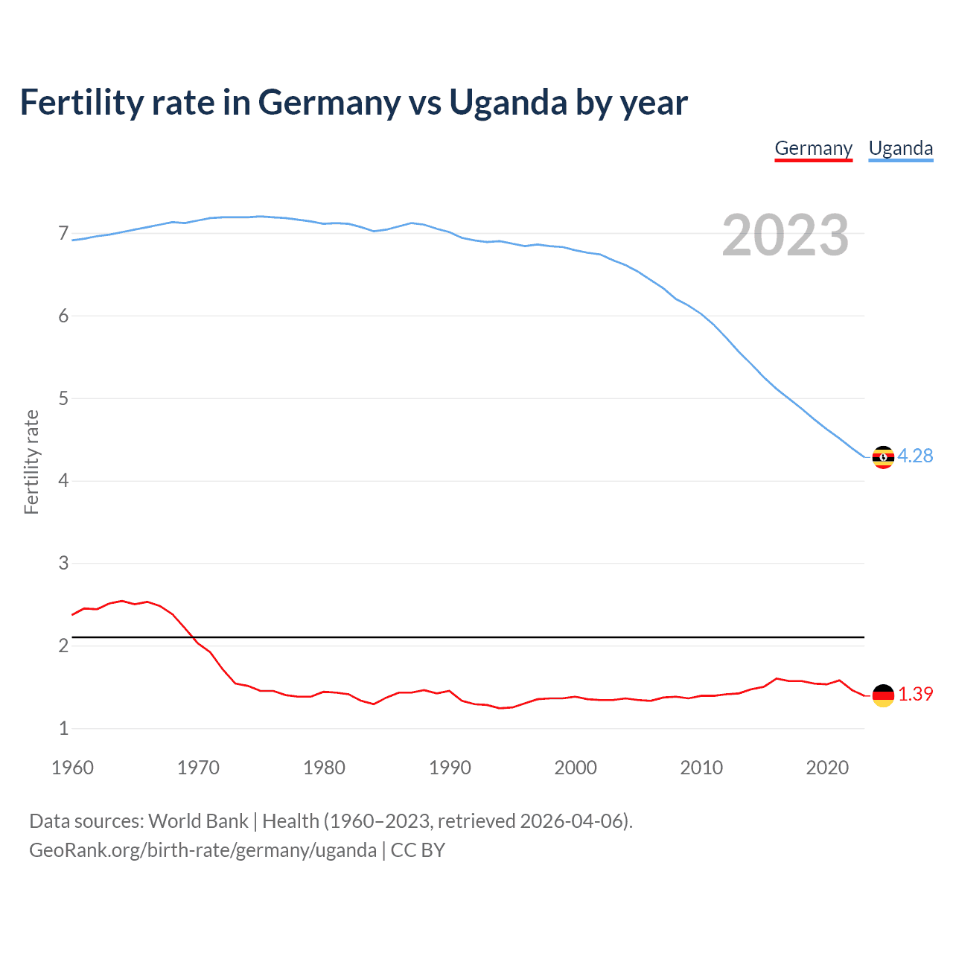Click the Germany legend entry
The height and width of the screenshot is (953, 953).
pyautogui.click(x=813, y=148)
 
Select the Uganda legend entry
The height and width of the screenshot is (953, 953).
pyautogui.click(x=900, y=148)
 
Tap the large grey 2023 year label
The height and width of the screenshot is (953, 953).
pyautogui.click(x=785, y=235)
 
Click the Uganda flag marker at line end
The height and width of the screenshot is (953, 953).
pyautogui.click(x=883, y=457)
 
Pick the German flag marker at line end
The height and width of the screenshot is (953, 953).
pyautogui.click(x=883, y=695)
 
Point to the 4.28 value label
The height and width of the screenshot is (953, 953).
pyautogui.click(x=915, y=456)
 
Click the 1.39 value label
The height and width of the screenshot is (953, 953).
pyautogui.click(x=915, y=694)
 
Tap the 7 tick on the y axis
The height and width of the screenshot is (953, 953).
pyautogui.click(x=63, y=234)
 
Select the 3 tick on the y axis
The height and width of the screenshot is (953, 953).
pyautogui.click(x=63, y=564)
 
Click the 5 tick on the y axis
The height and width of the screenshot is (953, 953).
pyautogui.click(x=63, y=398)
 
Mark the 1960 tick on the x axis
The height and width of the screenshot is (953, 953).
pyautogui.click(x=72, y=768)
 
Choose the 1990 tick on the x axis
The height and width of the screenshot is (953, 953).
pyautogui.click(x=450, y=768)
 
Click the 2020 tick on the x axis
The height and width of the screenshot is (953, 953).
pyautogui.click(x=827, y=768)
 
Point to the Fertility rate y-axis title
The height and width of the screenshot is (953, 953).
pyautogui.click(x=31, y=462)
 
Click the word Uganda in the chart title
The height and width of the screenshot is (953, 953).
pyautogui.click(x=508, y=102)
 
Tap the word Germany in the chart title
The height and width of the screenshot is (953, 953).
pyautogui.click(x=328, y=103)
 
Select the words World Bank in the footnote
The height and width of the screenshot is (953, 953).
pyautogui.click(x=198, y=821)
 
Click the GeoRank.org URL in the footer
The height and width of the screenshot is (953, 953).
pyautogui.click(x=203, y=850)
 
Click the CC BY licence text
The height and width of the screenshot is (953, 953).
pyautogui.click(x=418, y=850)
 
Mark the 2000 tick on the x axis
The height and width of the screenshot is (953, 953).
pyautogui.click(x=576, y=768)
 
